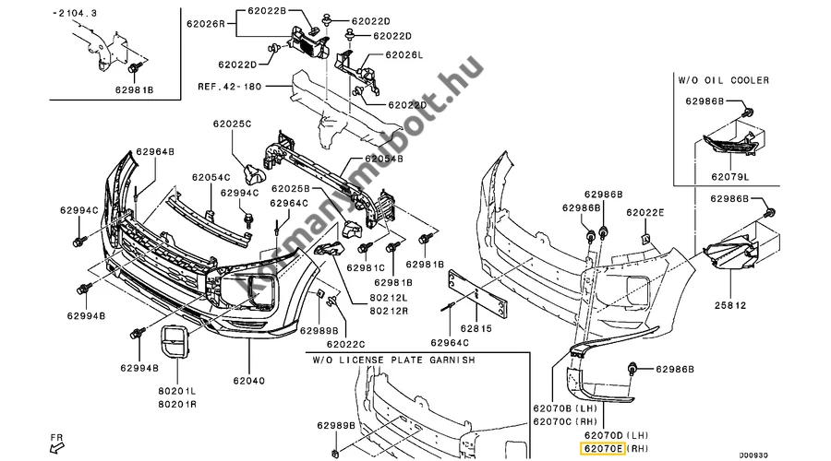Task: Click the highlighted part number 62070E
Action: [603, 449]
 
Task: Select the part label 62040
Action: [248, 381]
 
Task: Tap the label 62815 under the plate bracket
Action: [476, 328]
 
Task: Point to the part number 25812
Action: [729, 305]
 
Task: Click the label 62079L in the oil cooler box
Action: [729, 177]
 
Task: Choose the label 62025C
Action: [232, 124]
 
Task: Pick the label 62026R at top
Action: [206, 24]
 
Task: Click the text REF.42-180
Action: [230, 87]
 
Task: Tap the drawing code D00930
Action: [753, 455]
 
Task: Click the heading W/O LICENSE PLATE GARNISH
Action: [393, 360]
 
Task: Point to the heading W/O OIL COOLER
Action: [723, 80]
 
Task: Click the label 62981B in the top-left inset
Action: [134, 90]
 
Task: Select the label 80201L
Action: [176, 391]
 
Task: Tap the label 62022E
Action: [645, 213]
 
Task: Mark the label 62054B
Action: [384, 159]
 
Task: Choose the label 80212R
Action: [389, 312]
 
